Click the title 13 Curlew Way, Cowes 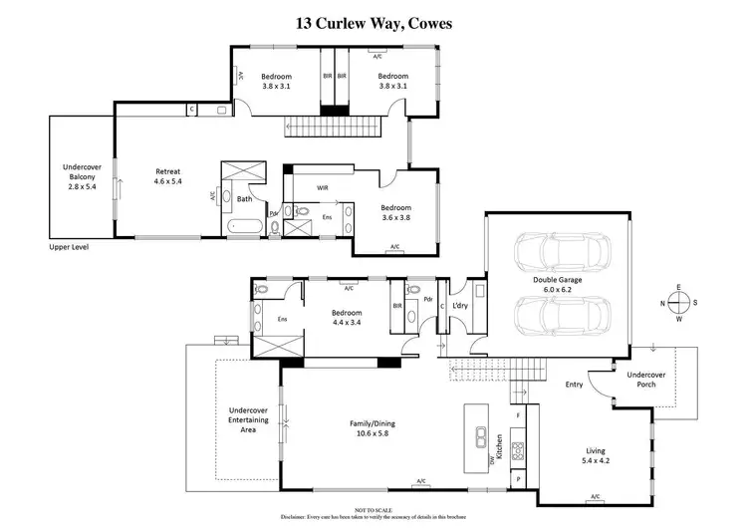373,22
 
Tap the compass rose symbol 677,303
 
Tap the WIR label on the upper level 323,186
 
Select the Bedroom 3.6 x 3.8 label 396,212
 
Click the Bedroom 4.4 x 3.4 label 349,317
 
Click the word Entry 574,384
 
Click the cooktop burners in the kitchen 518,449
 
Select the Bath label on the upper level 244,198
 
